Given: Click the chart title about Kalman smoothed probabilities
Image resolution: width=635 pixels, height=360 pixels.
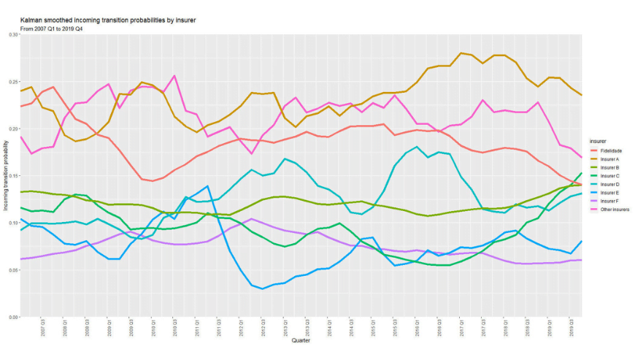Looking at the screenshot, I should pyautogui.click(x=107, y=20).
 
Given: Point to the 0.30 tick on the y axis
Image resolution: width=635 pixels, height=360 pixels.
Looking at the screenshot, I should pyautogui.click(x=12, y=34).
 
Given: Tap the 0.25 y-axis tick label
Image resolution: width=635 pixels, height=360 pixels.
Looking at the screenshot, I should pyautogui.click(x=12, y=82).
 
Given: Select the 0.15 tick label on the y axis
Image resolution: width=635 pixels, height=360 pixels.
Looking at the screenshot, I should pyautogui.click(x=12, y=176).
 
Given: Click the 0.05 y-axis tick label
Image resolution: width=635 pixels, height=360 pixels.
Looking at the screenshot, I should pyautogui.click(x=12, y=270).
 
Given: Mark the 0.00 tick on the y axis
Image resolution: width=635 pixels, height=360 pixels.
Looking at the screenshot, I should pyautogui.click(x=12, y=318).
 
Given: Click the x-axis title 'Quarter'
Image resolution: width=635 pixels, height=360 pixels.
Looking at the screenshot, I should pyautogui.click(x=300, y=341).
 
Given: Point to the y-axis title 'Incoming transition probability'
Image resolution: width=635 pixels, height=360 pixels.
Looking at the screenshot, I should pyautogui.click(x=6, y=175).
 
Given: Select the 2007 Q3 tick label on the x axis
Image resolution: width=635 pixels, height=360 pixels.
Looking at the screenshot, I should pyautogui.click(x=43, y=328).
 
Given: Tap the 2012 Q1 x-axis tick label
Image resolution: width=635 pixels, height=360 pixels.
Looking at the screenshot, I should pyautogui.click(x=242, y=328).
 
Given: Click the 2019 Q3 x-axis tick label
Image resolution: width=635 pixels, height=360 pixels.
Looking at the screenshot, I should pyautogui.click(x=571, y=328).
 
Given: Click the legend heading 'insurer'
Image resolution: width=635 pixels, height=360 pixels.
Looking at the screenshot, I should pyautogui.click(x=601, y=142).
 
